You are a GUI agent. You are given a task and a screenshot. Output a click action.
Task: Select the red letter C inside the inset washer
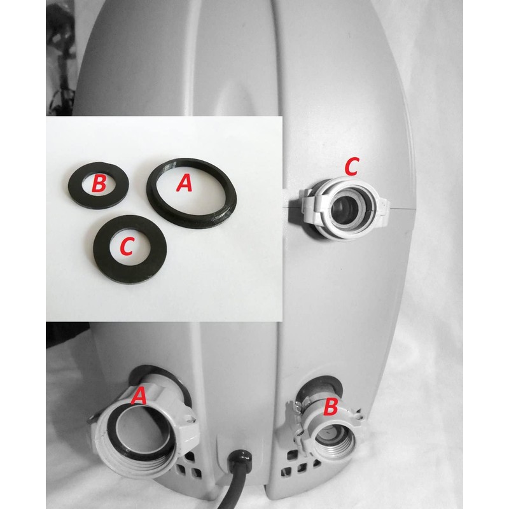pyautogui.click(x=127, y=246)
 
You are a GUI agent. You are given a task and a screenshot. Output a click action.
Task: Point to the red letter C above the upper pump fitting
pyautogui.click(x=352, y=167)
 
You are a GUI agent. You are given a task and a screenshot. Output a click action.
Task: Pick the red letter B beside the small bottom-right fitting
pyautogui.click(x=330, y=407)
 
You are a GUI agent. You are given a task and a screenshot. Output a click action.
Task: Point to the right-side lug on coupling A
pyautogui.click(x=189, y=422)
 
